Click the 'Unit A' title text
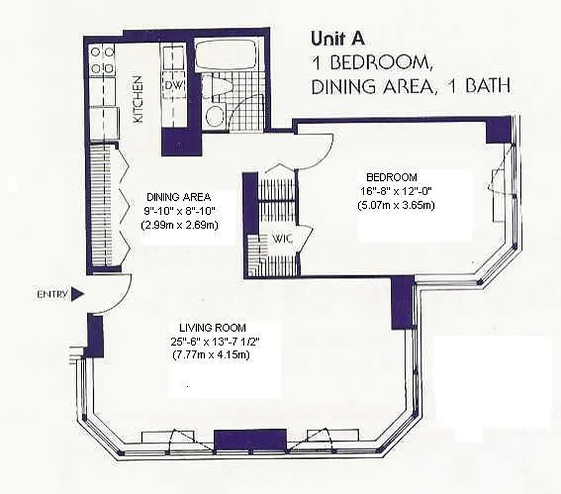pyautogui.click(x=338, y=39)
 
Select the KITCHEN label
pyautogui.click(x=139, y=99)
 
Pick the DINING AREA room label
pyautogui.click(x=178, y=197)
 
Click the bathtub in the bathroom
pyautogui.click(x=225, y=55)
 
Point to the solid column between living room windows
pyautogui.click(x=249, y=440)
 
